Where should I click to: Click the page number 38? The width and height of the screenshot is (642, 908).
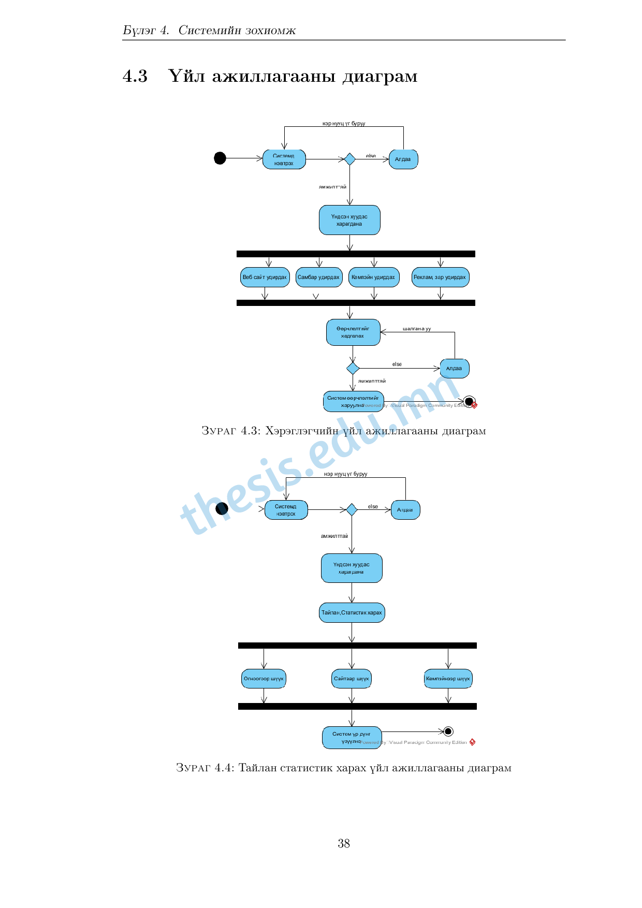(x=344, y=843)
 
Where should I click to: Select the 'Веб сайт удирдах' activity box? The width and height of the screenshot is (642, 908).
(x=265, y=277)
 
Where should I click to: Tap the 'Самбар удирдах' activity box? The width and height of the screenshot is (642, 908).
(x=318, y=277)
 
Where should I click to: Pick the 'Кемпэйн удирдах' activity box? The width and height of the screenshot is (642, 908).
(x=373, y=277)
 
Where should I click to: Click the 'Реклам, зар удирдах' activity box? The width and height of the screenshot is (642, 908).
(x=440, y=277)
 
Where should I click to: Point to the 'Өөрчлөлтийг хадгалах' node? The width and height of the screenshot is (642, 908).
(x=353, y=332)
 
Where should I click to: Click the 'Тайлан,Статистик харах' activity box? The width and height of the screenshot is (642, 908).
(x=352, y=612)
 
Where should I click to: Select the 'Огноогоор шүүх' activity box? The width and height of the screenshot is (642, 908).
(x=264, y=679)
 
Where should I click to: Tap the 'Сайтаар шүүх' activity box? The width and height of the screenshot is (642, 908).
(x=352, y=679)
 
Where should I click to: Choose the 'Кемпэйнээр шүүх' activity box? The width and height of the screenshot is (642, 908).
(x=448, y=679)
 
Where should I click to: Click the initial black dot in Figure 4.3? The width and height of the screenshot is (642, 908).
(x=220, y=158)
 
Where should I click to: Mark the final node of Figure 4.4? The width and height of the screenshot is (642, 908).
(x=448, y=731)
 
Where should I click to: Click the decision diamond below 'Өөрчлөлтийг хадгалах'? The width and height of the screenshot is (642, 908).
(x=353, y=369)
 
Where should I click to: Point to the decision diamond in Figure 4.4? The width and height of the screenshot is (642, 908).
(x=352, y=510)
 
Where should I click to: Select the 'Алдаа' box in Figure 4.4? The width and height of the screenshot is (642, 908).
(x=405, y=510)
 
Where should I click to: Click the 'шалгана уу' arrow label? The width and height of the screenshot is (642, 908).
(x=417, y=329)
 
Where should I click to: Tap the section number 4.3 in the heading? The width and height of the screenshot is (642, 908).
(x=135, y=76)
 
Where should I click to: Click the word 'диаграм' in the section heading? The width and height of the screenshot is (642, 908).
(x=380, y=76)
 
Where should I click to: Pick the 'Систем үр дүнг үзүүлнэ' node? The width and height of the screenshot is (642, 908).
(x=352, y=738)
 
